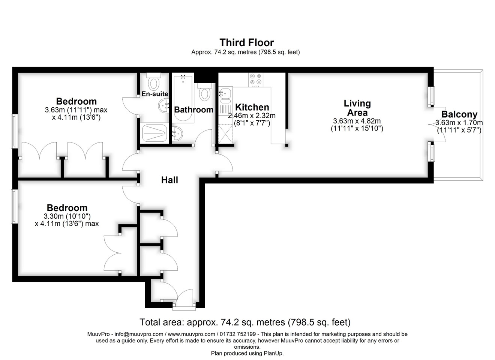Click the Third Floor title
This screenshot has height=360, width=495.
tap(247, 42)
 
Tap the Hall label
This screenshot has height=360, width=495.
tap(169, 180)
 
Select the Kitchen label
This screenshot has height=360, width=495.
tap(252, 107)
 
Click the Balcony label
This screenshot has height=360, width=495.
tap(459, 114)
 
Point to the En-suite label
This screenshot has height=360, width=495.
tap(154, 94)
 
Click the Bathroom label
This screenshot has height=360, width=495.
tap(193, 109)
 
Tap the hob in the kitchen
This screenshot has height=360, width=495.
tap(256, 80)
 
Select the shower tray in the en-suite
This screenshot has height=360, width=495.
tap(154, 133)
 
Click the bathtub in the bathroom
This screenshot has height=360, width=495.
tap(183, 99)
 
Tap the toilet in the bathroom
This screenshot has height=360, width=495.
tap(205, 92)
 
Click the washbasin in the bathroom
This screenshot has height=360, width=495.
tap(177, 134)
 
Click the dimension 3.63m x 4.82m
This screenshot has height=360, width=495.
tap(357, 121)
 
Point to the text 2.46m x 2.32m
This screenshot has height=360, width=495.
tap(252, 115)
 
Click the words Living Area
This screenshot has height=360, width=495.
tap(357, 108)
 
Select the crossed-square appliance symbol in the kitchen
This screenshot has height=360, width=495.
tap(225, 134)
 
